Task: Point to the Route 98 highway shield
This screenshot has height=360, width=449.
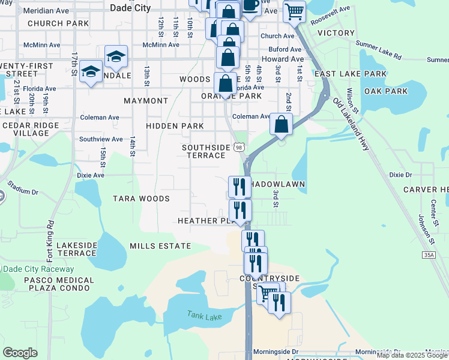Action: [x=240, y=147]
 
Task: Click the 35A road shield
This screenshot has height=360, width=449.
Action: [x=427, y=255]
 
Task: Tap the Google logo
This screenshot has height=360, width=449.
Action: [x=20, y=353]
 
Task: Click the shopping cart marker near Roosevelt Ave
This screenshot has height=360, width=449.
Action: [x=294, y=10]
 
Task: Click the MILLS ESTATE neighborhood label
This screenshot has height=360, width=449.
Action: [x=160, y=246]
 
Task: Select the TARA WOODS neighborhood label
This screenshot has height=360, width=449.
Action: [x=141, y=199]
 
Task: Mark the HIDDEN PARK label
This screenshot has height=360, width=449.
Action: [x=175, y=126]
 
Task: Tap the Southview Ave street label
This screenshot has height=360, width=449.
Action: [x=101, y=139]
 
